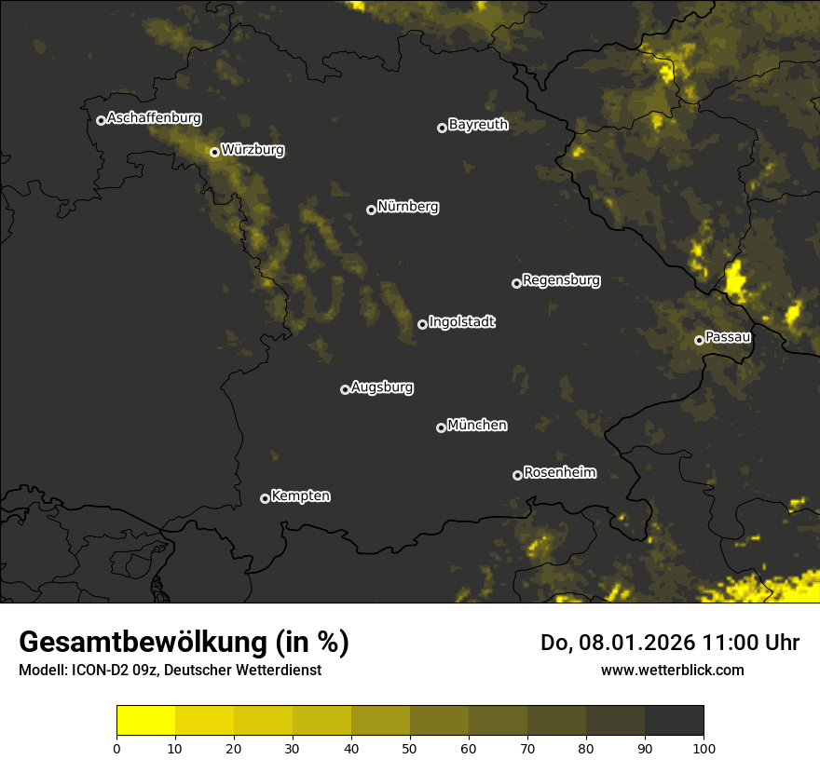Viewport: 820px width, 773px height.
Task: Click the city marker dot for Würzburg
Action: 214,152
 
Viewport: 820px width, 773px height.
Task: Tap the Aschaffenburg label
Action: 154,118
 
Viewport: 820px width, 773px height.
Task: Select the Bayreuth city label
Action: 478,125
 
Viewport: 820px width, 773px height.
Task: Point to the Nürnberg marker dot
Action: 371,210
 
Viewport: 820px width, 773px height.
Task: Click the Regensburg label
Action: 561,280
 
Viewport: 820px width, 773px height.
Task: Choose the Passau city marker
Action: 699,340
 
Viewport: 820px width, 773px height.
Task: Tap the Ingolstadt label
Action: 462,322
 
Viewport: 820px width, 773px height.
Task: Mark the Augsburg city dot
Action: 345,389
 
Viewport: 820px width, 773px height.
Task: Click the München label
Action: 477,426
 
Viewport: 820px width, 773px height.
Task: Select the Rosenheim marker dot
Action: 517,475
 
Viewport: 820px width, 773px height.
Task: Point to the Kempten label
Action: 300,496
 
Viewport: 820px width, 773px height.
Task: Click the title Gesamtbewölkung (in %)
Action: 184,643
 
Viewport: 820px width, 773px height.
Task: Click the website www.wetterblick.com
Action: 672,670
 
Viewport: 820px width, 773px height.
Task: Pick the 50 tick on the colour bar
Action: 410,747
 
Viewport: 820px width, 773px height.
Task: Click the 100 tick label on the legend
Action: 704,747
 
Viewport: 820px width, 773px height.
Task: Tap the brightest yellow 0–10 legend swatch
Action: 146,721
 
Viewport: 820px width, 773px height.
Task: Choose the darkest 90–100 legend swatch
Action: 674,721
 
